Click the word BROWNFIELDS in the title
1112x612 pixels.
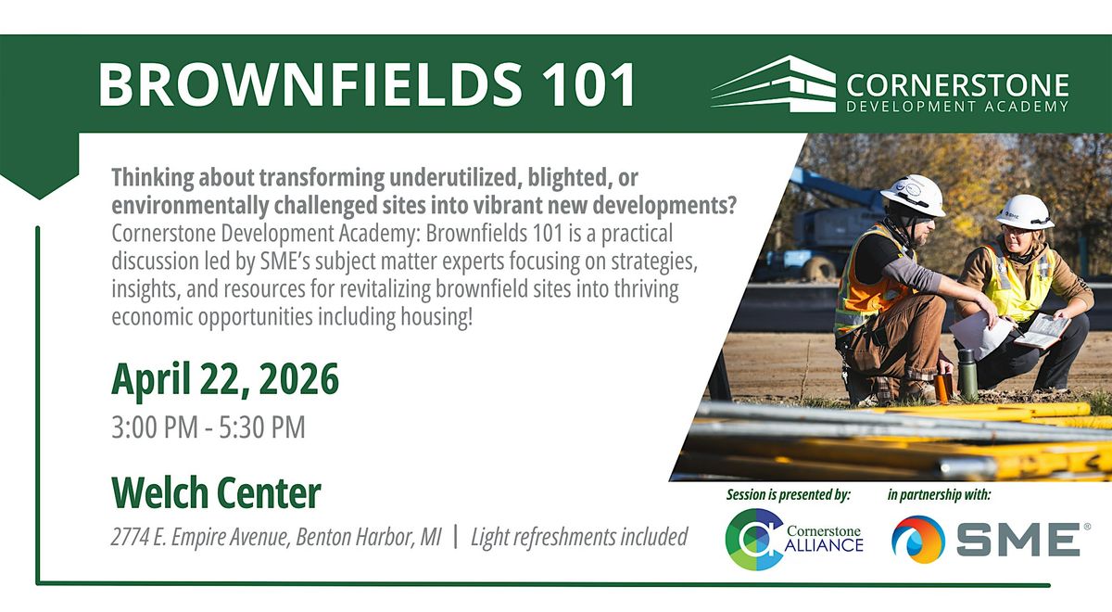pos(310,84)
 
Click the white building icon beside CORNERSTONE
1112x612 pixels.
pos(774,83)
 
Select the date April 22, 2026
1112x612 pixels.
pos(225,380)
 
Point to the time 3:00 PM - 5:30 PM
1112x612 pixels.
pos(208,427)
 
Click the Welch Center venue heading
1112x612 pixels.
pos(217,492)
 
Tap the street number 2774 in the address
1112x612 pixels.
pos(129,537)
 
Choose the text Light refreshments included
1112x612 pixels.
pos(579,537)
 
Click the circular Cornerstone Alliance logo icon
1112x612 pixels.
pos(753,539)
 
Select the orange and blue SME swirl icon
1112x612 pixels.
pos(918,540)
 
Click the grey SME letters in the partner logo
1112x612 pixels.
pos(1018,540)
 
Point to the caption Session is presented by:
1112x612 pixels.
pos(789,495)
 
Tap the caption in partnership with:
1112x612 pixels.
pos(940,495)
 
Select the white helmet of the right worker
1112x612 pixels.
pos(1025,212)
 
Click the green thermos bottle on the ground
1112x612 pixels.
pos(967,374)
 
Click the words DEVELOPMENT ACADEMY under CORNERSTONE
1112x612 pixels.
pos(957,107)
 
